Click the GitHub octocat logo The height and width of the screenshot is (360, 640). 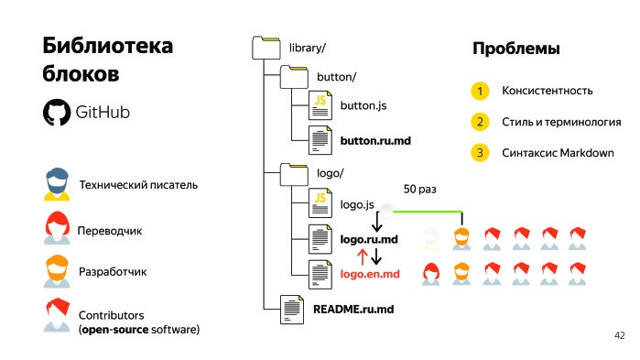(57, 112)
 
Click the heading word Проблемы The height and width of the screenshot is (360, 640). (515, 49)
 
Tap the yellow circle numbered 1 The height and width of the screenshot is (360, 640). (478, 91)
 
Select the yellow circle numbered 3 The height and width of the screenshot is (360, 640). (478, 152)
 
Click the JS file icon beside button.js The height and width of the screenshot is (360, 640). (320, 105)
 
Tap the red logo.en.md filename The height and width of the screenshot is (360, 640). (370, 274)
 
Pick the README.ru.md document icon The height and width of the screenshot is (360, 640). (292, 308)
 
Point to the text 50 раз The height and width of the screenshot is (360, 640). (420, 190)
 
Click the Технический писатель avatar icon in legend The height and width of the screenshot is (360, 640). (57, 184)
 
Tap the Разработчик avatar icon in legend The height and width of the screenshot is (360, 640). (57, 271)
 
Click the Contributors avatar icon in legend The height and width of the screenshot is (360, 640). (57, 314)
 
